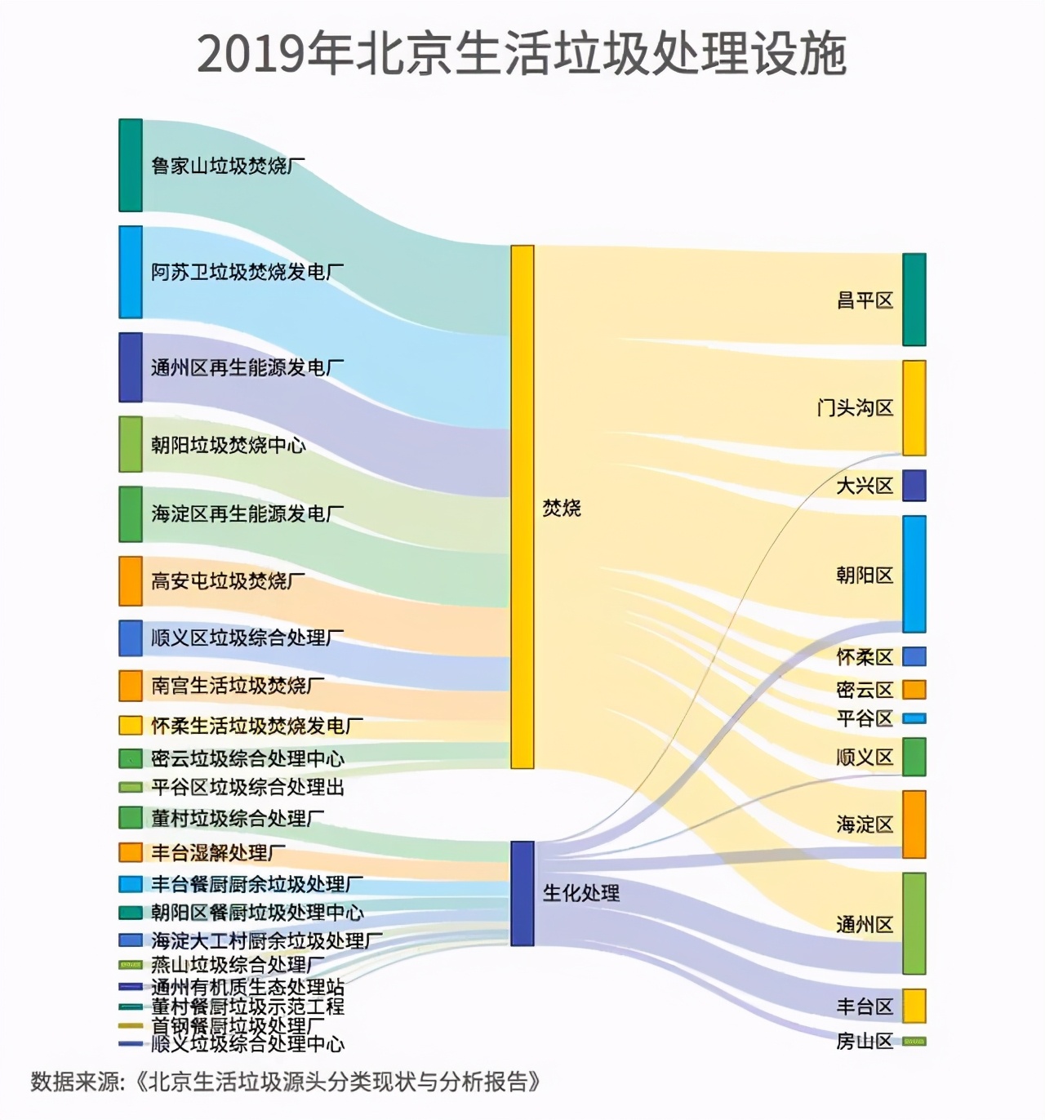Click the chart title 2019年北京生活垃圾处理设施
[x=522, y=55]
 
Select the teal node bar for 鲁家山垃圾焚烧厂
[x=131, y=166]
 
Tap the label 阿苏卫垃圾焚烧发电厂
[x=247, y=272]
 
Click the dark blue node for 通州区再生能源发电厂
[x=131, y=367]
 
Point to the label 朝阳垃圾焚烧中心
[x=228, y=445]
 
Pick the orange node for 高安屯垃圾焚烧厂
[x=131, y=581]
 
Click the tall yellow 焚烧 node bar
[x=522, y=506]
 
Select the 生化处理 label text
[x=581, y=893]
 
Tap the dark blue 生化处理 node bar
[x=522, y=893]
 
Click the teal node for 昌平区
[x=914, y=300]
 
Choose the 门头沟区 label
[x=855, y=407]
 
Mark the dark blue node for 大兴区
[x=914, y=486]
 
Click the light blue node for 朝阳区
[x=914, y=574]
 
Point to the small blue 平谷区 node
[x=914, y=718]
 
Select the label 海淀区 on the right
[x=864, y=824]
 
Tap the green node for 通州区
[x=914, y=923]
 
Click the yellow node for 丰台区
[x=914, y=1006]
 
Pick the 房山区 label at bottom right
[x=864, y=1042]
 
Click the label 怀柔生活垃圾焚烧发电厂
[x=256, y=726]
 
